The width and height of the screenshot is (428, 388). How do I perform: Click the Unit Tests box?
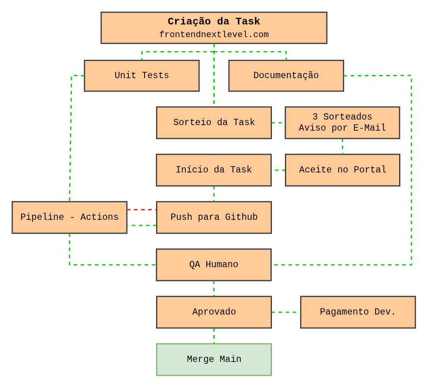pos(141,76)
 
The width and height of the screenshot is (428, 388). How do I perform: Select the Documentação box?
pos(286,76)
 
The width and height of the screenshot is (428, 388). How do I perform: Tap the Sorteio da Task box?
pos(214,123)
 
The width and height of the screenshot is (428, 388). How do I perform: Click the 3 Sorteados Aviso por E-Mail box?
pos(342,123)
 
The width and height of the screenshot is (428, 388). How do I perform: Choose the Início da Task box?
pos(213,170)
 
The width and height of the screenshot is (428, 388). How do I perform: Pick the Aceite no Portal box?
pos(342,170)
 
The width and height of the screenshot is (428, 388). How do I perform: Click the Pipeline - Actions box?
pos(69,217)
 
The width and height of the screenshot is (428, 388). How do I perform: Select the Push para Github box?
pos(214,217)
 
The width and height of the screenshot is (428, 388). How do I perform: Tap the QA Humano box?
pos(213,265)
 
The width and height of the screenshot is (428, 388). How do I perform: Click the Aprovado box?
pos(214,312)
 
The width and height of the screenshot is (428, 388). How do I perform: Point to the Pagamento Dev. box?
pos(358,312)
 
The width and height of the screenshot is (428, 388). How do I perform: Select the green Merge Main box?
pos(214,360)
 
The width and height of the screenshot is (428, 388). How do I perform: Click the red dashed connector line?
pos(141,210)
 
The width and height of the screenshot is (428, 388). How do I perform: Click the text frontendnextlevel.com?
pos(214,35)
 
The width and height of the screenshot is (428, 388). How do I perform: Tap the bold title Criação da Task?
pos(214,22)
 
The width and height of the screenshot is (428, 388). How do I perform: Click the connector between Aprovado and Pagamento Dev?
pos(286,312)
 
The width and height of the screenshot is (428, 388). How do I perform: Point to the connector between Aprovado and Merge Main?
pos(214,336)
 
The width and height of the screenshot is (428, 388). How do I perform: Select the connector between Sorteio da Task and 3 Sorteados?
pos(278,123)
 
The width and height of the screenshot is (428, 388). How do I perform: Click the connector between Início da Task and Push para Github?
pos(214,194)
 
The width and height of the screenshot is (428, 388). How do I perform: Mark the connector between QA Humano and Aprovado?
pos(214,289)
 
